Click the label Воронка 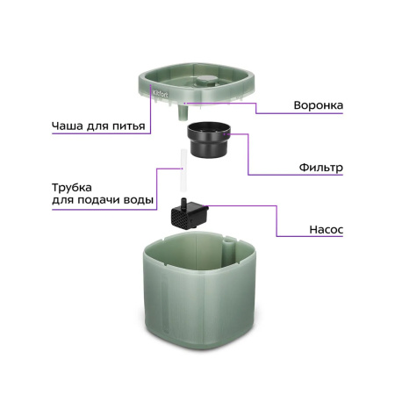coord(318,106)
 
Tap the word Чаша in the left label coord(68,126)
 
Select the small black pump coord(189,214)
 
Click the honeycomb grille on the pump coord(182,219)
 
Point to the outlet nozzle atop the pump coord(180,203)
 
